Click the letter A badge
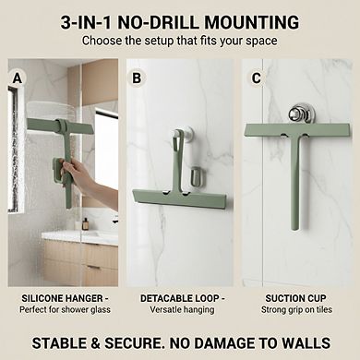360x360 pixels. [x=17, y=78]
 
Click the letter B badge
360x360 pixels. [x=137, y=78]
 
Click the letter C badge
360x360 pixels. [x=256, y=78]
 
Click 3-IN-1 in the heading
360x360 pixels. [x=89, y=22]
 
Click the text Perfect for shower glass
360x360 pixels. [x=59, y=311]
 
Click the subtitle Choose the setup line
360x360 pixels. [x=180, y=42]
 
